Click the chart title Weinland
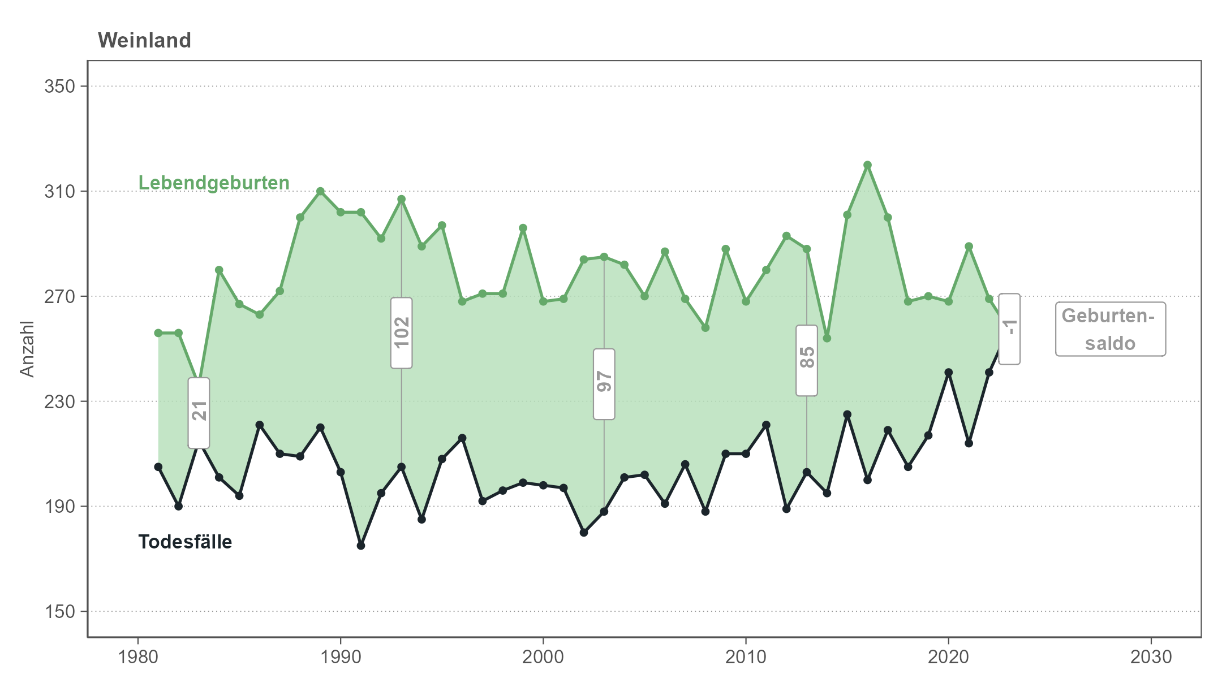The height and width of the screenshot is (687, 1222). (x=144, y=41)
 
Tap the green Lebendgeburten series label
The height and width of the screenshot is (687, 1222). (x=214, y=183)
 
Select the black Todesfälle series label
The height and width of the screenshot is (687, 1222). (x=185, y=542)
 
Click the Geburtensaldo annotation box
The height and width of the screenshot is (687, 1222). (x=1110, y=329)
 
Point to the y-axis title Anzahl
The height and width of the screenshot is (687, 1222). (x=27, y=348)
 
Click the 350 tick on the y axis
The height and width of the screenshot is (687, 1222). (x=60, y=87)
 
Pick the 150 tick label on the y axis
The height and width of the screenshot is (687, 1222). (x=60, y=611)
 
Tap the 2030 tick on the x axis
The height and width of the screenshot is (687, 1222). (x=1151, y=657)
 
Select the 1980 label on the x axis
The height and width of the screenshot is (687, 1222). (x=137, y=657)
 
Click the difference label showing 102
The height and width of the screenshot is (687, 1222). (x=401, y=332)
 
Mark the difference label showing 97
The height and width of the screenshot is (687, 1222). (x=604, y=384)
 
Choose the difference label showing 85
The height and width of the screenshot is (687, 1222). (x=807, y=360)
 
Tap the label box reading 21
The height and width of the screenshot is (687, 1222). (x=199, y=413)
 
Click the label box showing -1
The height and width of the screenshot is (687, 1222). (x=1009, y=329)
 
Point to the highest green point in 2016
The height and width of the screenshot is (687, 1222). (x=867, y=165)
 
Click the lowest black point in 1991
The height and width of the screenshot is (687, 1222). (x=361, y=546)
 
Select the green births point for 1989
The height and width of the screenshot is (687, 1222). (x=320, y=191)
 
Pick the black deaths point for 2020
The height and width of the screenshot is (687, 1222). (x=949, y=373)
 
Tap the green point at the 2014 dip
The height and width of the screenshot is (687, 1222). (x=827, y=338)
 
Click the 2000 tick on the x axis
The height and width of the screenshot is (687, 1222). (x=543, y=657)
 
